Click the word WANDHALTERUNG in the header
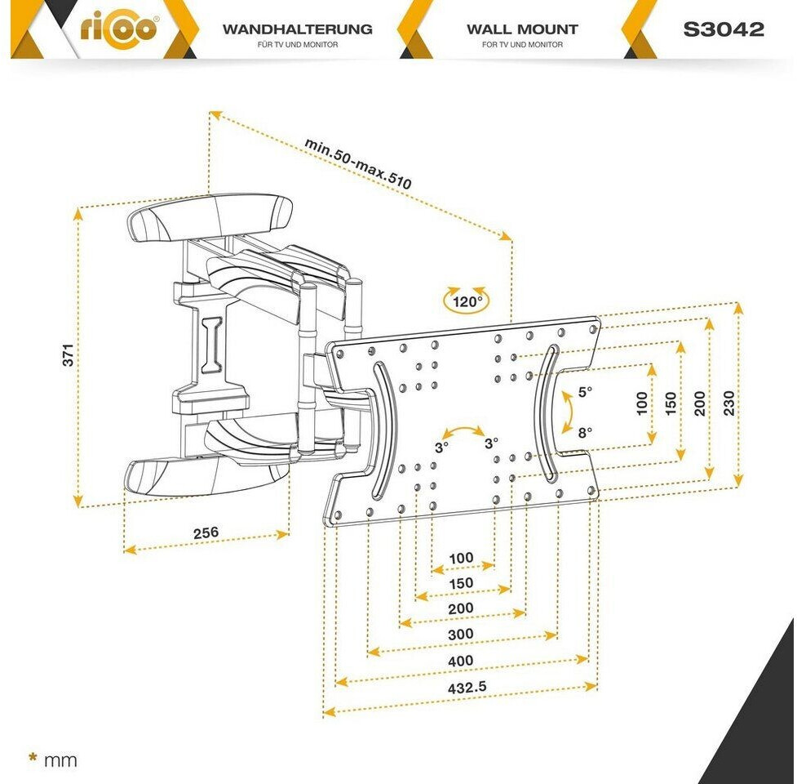click(297, 29)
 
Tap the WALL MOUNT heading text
click(522, 29)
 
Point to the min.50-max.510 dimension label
click(358, 163)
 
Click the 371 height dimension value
click(69, 354)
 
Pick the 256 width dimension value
click(206, 532)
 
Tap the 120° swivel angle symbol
click(463, 300)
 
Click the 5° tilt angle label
click(586, 392)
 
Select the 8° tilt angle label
click(586, 433)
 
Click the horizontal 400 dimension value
click(461, 661)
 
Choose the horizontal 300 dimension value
click(461, 635)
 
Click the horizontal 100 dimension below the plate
click(461, 558)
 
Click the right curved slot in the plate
click(548, 412)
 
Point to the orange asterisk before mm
click(33, 758)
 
